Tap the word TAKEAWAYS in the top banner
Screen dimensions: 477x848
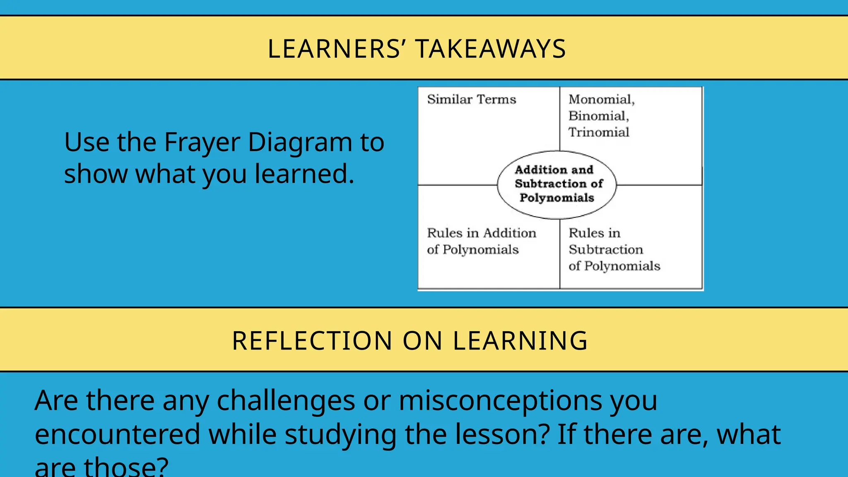tap(490, 49)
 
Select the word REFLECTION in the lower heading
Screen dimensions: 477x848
tap(312, 341)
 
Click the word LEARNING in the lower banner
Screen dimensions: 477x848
tap(520, 341)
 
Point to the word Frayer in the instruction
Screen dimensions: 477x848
tap(202, 143)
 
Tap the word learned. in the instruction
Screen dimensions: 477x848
tap(304, 174)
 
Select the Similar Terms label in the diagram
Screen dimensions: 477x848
tap(472, 99)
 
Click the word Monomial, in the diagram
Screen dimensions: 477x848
tap(601, 99)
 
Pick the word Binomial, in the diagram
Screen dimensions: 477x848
tap(599, 116)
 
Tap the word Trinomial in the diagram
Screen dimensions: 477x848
tap(599, 132)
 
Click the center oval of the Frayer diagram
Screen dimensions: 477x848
tap(557, 184)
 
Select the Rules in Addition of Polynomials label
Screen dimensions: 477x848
tap(481, 241)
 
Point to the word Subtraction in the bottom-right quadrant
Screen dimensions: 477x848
tap(606, 249)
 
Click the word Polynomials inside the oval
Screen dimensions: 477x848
tap(557, 198)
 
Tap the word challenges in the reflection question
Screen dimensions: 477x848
tap(286, 401)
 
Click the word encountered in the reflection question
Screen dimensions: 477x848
tap(118, 435)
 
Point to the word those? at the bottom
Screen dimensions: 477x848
tap(126, 467)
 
